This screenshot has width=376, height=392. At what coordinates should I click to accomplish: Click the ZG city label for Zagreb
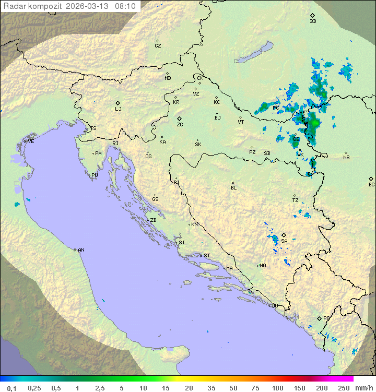click(x=180, y=125)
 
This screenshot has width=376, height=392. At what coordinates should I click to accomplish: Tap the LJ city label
click(x=118, y=109)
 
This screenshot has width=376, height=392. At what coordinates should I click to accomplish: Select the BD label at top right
click(x=313, y=21)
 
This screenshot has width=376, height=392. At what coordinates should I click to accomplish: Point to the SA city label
click(x=284, y=241)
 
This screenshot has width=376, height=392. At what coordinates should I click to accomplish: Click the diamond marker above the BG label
click(x=371, y=179)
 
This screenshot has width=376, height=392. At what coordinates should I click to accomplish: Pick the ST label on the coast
click(x=207, y=256)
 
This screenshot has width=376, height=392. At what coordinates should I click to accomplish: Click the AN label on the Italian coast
click(x=81, y=250)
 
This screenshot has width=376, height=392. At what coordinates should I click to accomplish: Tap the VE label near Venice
click(x=31, y=141)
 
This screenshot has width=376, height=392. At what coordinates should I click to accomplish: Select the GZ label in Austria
click(x=158, y=46)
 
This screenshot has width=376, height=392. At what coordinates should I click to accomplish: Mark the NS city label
click(x=346, y=158)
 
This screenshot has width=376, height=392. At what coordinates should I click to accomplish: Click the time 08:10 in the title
click(x=126, y=6)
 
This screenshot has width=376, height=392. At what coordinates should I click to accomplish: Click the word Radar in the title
click(x=14, y=6)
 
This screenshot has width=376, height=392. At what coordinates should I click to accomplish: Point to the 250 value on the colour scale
click(x=344, y=388)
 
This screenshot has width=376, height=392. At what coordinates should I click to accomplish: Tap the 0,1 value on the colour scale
click(x=11, y=388)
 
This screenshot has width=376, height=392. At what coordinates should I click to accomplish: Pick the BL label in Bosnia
click(x=233, y=188)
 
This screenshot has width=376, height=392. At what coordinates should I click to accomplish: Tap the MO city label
click(x=263, y=266)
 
